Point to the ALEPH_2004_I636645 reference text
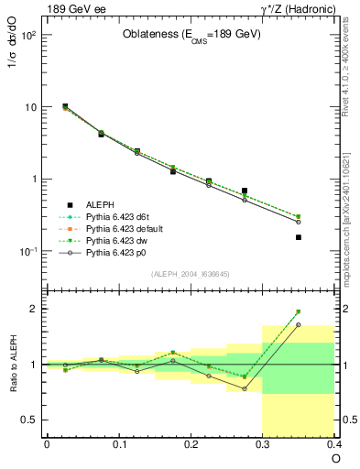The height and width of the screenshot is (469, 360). [191, 275]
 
